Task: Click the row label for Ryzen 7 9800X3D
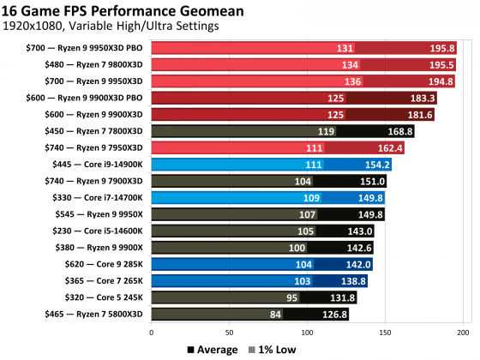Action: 94,65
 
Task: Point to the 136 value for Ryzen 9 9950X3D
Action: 349,81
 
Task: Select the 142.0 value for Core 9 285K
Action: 357,264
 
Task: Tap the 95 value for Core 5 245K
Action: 291,297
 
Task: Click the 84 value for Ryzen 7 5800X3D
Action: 275,315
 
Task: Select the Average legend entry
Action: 212,349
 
